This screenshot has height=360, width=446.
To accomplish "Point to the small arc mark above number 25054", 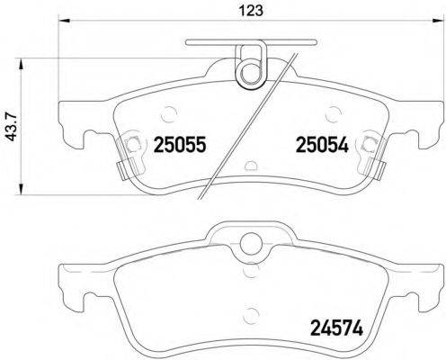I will coord(334,114).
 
